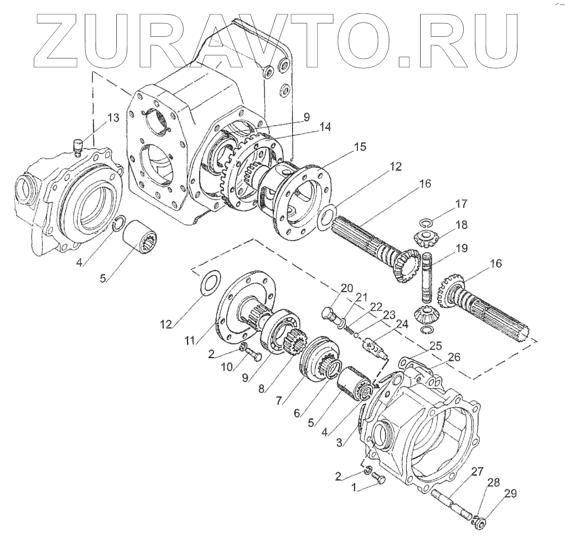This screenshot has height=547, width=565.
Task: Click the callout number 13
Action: [x=112, y=118]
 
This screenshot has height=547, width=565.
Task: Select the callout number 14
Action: [x=325, y=127]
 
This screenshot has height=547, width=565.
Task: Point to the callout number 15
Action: [x=359, y=147]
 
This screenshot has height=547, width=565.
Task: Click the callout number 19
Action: [x=462, y=249]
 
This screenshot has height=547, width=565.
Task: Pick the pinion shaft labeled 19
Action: [x=427, y=277]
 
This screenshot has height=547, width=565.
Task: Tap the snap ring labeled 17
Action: [x=425, y=223]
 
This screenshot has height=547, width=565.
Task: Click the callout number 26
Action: [x=453, y=357]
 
